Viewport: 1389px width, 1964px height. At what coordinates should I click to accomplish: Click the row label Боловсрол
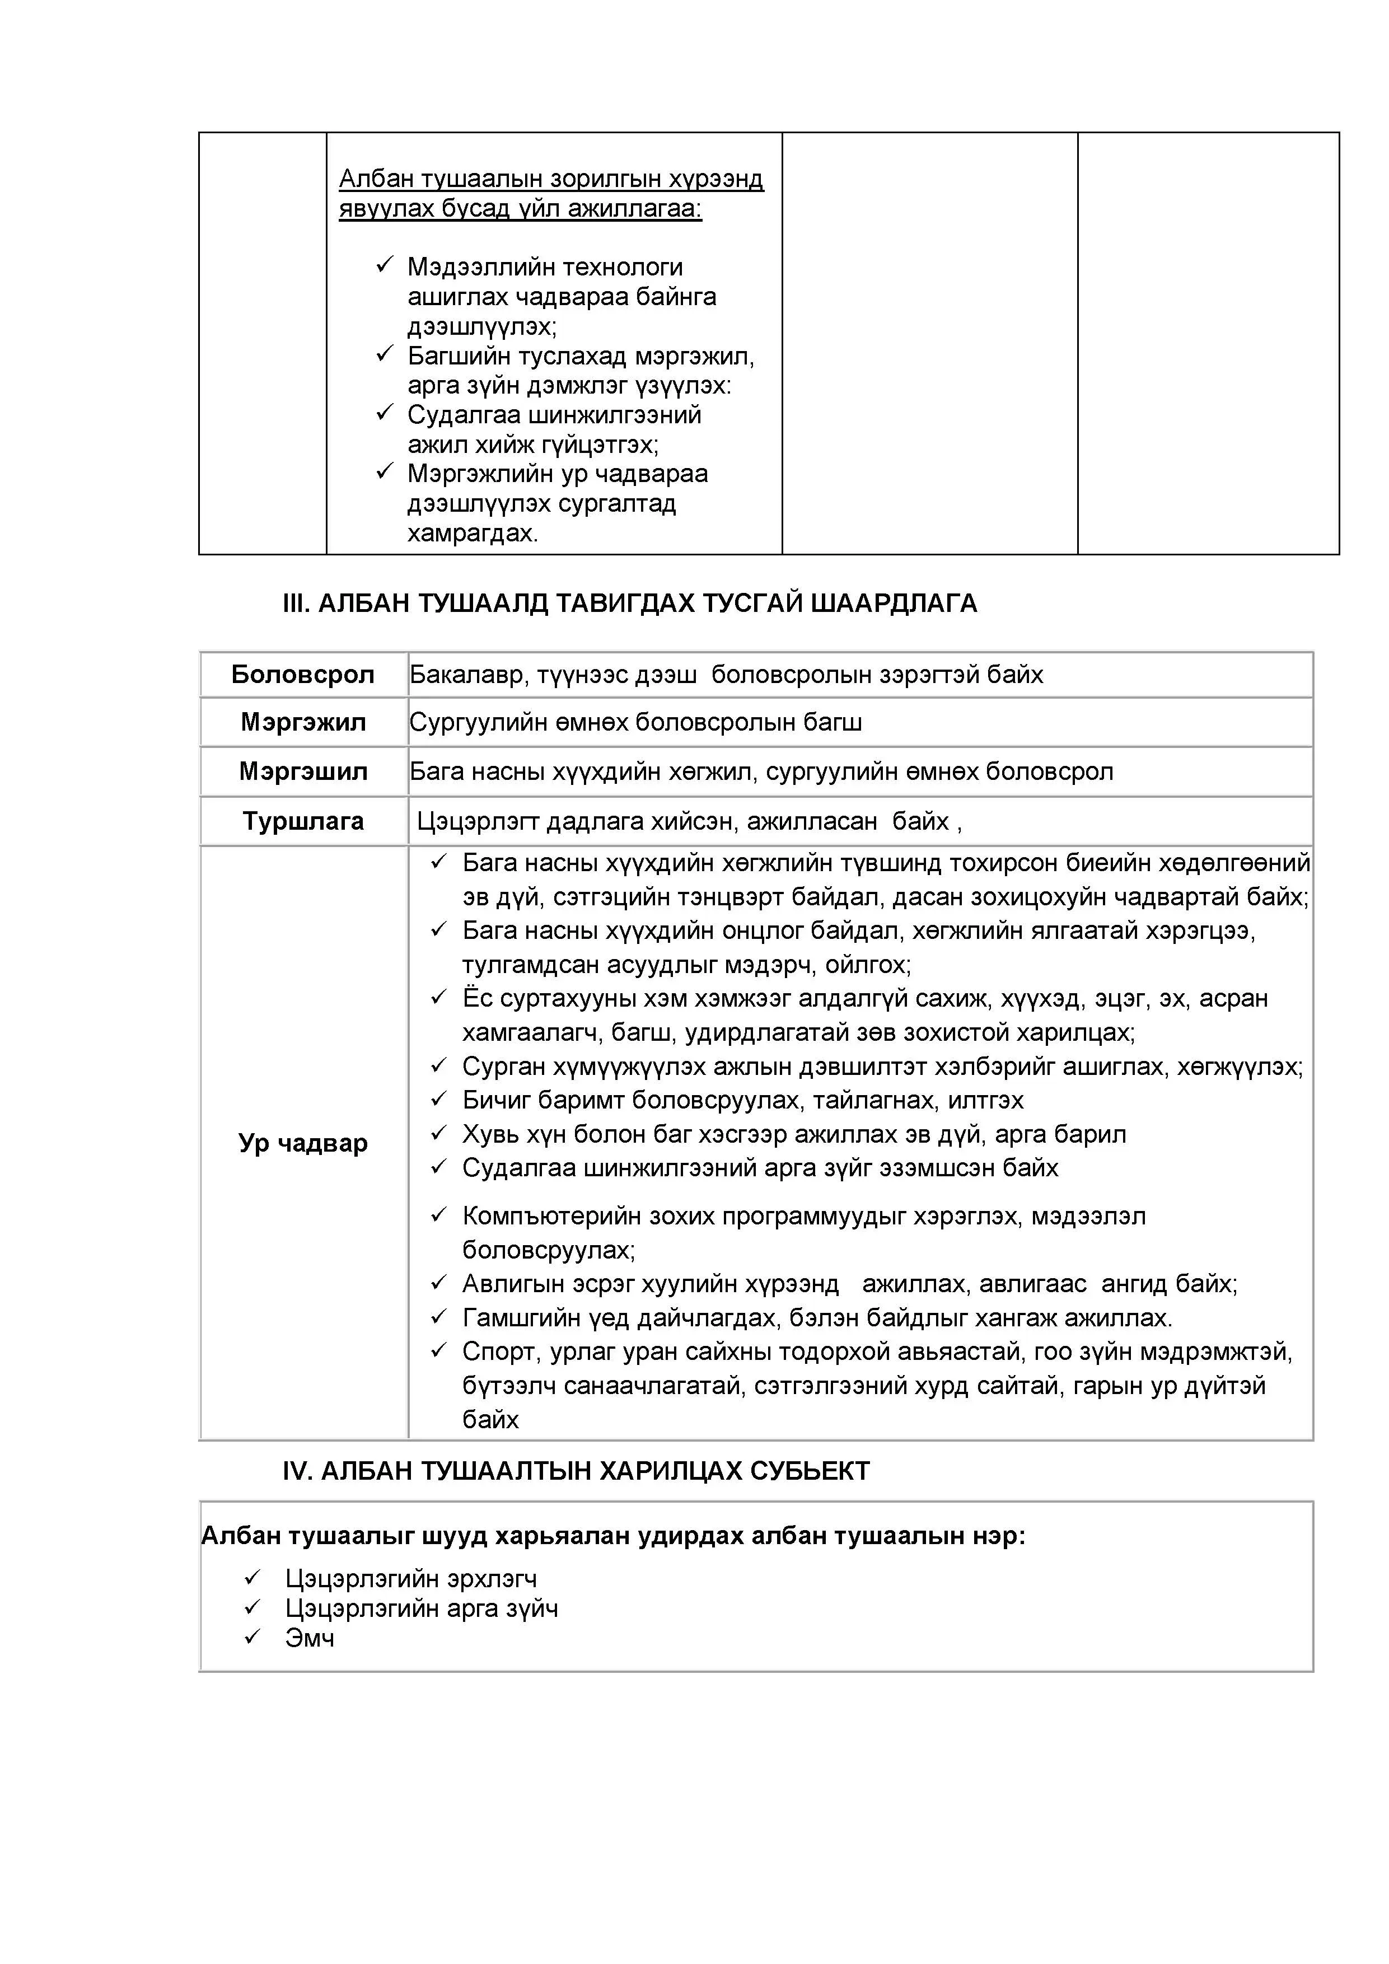(x=303, y=675)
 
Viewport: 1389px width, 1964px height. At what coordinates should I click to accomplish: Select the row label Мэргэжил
(x=303, y=723)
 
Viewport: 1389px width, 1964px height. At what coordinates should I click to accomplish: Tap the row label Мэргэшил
(x=303, y=771)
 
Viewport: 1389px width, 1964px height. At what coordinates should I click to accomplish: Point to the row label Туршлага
(x=303, y=821)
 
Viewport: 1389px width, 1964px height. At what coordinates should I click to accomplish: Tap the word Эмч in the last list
(x=310, y=1638)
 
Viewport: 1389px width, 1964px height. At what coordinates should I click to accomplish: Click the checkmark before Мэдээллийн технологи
(x=384, y=266)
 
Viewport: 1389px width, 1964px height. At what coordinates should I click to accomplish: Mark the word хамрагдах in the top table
(x=471, y=534)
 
